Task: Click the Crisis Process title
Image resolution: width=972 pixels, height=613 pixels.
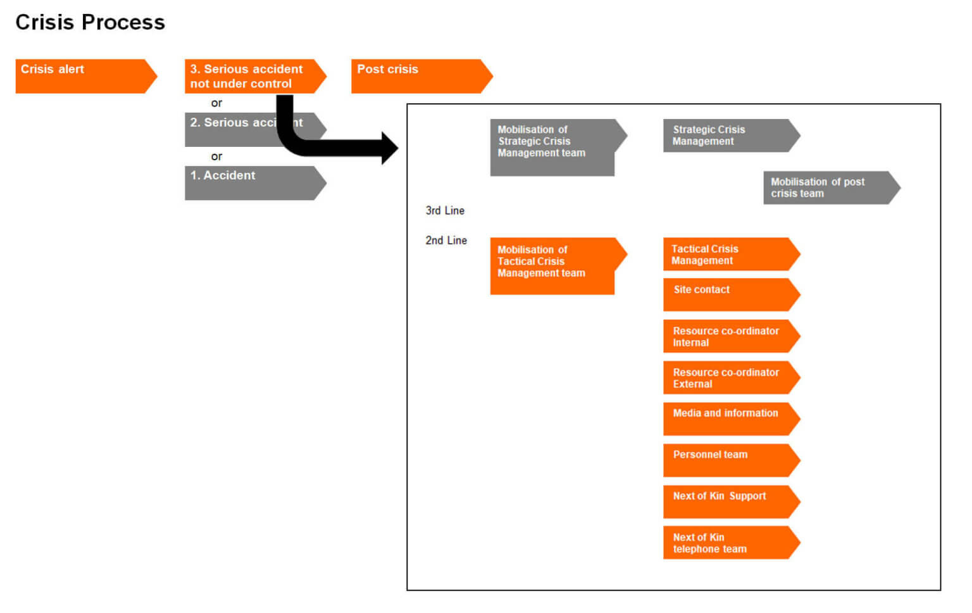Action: (x=90, y=22)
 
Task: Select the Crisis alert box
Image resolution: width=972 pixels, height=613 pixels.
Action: (x=82, y=76)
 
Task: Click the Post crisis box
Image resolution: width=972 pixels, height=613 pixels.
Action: (x=418, y=76)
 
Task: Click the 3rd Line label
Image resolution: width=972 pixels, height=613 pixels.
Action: (x=445, y=210)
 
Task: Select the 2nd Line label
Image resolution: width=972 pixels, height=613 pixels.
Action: (x=446, y=240)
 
